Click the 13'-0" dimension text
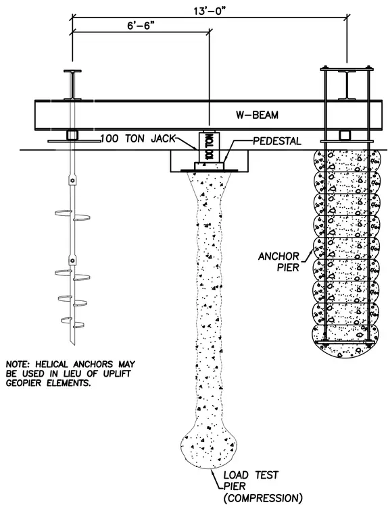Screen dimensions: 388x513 [x=210, y=10]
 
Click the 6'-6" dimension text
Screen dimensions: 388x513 [x=141, y=26]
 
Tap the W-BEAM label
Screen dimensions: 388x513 [x=257, y=115]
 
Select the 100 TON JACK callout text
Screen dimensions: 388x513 [x=138, y=138]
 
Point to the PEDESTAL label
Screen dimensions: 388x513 [x=277, y=141]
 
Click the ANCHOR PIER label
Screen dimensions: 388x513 [x=279, y=262]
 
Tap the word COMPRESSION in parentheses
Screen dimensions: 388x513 [x=263, y=498]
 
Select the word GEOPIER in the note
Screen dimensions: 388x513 [x=23, y=383]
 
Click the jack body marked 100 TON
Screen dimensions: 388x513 [x=209, y=146]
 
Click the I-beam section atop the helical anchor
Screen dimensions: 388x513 [x=72, y=85]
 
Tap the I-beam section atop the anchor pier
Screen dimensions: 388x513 [x=347, y=85]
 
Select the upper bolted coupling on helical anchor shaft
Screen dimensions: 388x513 [x=72, y=180]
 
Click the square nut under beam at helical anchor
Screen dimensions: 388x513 [x=72, y=135]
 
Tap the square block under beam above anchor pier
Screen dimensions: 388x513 [x=344, y=135]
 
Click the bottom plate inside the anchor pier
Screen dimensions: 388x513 [x=347, y=342]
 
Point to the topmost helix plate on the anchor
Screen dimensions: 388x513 [x=64, y=213]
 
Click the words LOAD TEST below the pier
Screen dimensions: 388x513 [x=251, y=475]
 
